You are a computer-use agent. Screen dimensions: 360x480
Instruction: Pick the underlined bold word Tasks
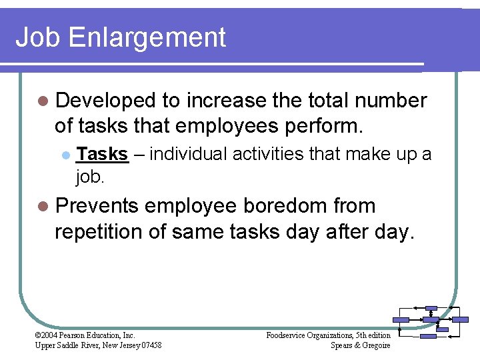tap(102, 155)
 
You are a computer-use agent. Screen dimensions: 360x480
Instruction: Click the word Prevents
tap(98, 206)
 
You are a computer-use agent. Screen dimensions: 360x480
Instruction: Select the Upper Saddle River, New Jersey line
tap(98, 345)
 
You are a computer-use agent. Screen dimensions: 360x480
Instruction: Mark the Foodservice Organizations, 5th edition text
tap(328, 335)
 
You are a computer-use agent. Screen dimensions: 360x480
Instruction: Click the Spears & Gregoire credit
tap(360, 345)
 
